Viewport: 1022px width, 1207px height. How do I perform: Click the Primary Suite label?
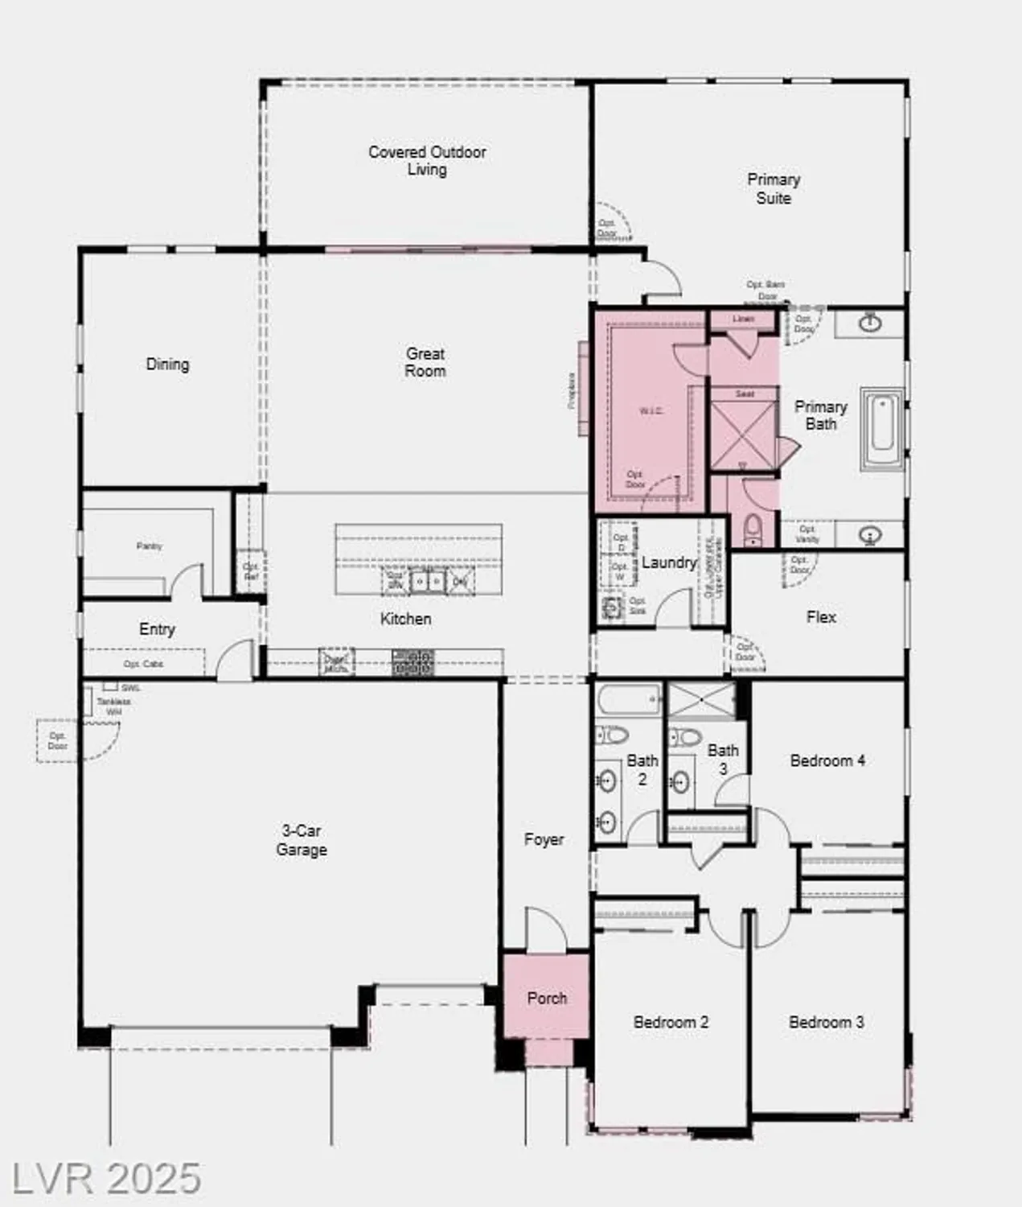click(774, 188)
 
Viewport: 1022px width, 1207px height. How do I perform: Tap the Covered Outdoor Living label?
click(427, 160)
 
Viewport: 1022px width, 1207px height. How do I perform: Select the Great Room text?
click(425, 362)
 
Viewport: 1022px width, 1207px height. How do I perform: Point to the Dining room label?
click(167, 364)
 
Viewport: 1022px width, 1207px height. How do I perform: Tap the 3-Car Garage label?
click(301, 839)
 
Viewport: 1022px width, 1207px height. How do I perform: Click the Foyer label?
click(544, 839)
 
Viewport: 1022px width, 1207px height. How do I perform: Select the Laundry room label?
click(668, 562)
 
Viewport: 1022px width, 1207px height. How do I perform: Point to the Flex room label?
click(821, 616)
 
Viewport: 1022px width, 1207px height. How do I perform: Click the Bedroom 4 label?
click(827, 760)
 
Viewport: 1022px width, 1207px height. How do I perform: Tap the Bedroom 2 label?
click(671, 1022)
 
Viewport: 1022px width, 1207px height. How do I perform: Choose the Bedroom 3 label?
click(826, 1022)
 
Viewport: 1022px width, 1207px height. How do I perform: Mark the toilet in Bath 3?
click(685, 735)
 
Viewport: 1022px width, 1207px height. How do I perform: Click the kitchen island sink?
click(426, 580)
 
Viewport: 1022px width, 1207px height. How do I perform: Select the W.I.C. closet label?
click(651, 410)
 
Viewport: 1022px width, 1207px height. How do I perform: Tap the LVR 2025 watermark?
click(106, 1178)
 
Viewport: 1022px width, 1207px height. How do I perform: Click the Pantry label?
click(149, 546)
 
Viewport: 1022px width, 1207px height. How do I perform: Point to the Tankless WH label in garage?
click(114, 706)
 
